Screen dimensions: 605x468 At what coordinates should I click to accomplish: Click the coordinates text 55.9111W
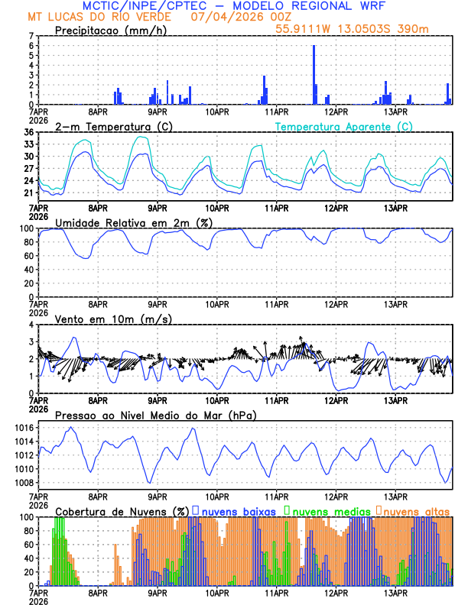pyautogui.click(x=303, y=28)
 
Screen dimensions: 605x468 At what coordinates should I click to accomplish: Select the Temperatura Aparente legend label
pyautogui.click(x=344, y=126)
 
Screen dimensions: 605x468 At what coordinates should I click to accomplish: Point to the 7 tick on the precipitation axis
pyautogui.click(x=31, y=36)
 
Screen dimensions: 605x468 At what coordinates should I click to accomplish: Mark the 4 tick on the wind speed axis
pyautogui.click(x=31, y=325)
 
